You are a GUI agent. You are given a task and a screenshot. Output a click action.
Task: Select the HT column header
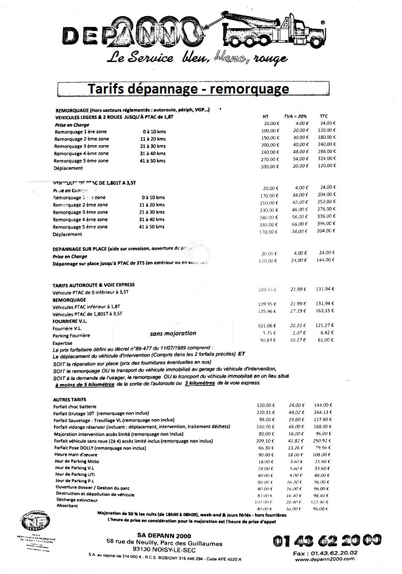coord(265,115)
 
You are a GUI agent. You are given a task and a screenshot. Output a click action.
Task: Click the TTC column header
coord(326,115)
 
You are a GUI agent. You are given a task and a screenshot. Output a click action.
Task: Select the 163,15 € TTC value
coord(326,314)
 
